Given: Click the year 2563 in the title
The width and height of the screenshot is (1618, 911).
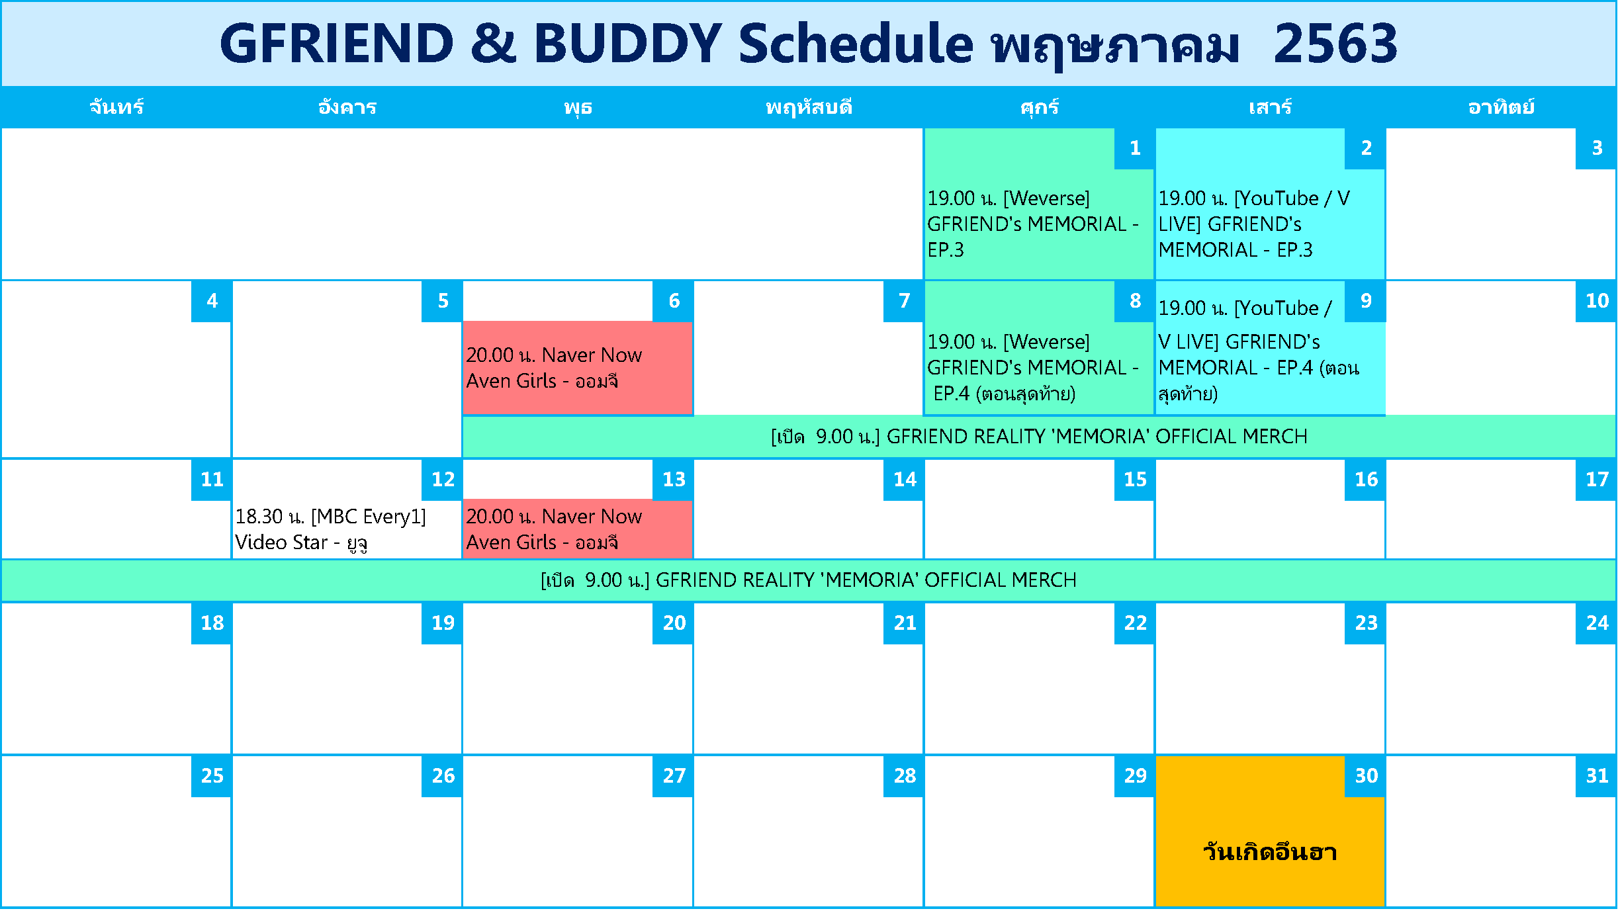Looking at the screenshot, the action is (1335, 44).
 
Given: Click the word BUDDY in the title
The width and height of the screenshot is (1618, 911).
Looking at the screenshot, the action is (627, 44).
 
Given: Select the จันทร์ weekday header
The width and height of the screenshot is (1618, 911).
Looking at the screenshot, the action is (116, 107).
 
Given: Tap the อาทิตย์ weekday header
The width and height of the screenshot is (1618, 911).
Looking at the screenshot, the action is (1501, 107).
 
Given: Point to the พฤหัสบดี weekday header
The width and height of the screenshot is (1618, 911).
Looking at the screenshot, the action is (809, 107).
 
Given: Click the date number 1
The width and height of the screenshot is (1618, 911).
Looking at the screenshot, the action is (1135, 148).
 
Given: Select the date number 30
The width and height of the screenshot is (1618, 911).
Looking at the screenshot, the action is (1365, 776).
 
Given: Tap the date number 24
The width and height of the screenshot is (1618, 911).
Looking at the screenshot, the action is (1596, 623).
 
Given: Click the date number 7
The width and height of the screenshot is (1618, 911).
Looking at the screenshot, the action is (904, 301).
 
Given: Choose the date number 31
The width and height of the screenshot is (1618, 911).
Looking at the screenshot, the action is (1596, 776).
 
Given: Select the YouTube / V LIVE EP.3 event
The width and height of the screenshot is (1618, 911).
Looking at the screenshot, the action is (1254, 224).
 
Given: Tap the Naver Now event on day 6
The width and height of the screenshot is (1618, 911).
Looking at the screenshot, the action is (554, 368).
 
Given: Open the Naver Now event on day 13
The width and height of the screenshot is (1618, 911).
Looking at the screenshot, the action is (554, 529).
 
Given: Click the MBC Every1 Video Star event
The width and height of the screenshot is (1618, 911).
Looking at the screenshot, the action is (330, 529).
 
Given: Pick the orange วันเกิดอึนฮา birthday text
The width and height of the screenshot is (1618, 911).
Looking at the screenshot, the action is (1270, 851).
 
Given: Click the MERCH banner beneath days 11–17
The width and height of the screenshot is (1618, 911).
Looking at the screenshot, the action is (809, 580).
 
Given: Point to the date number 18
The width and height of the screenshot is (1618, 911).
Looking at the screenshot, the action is (212, 623).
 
